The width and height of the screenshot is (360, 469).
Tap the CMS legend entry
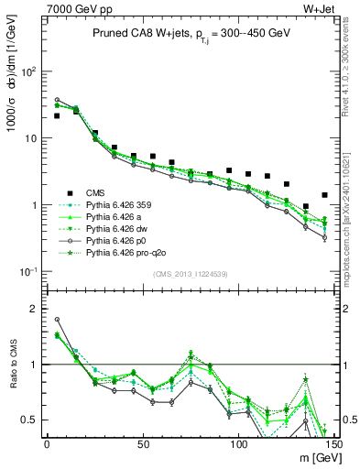(x=95, y=192)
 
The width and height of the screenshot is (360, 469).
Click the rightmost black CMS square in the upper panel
(x=324, y=195)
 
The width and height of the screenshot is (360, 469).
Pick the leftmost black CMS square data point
(x=57, y=116)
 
